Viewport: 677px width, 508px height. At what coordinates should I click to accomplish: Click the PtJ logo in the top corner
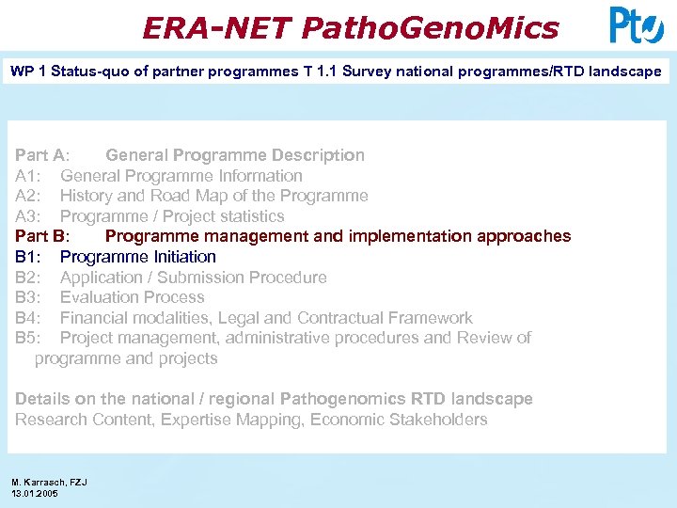point(636,25)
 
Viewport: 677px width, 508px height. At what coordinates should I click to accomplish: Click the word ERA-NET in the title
point(215,28)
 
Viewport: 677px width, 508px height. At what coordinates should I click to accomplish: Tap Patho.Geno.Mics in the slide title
point(430,28)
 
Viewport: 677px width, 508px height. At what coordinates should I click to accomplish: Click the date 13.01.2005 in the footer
point(35,493)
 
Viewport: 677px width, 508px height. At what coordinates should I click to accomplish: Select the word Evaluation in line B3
point(100,297)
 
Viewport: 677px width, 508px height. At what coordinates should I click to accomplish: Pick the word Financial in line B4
point(97,318)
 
